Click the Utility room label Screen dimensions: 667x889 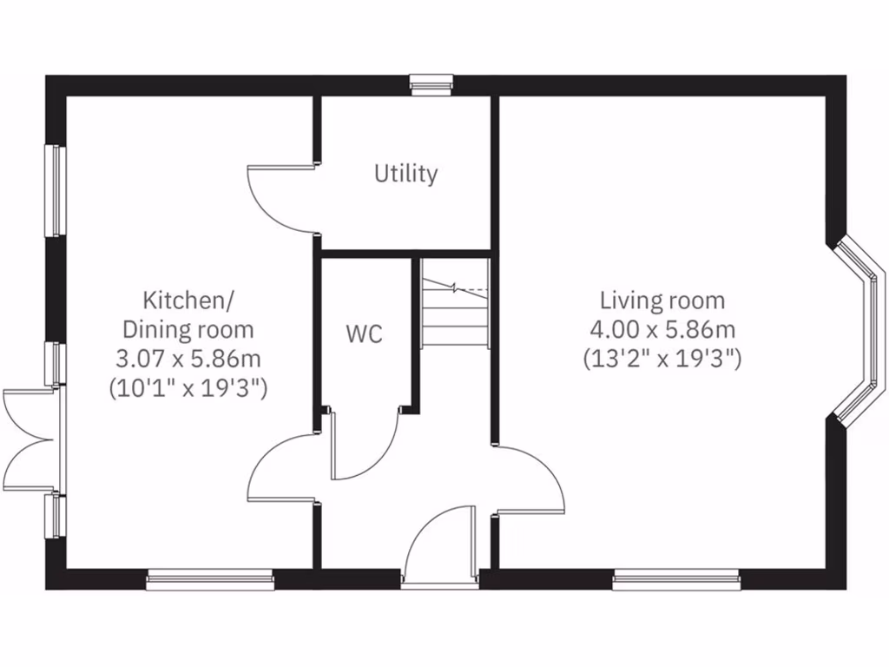click(405, 174)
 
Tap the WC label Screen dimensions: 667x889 click(364, 334)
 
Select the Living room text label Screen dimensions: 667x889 click(662, 301)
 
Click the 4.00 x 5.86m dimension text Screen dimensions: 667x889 click(662, 330)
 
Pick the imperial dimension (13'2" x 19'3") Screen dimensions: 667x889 click(662, 359)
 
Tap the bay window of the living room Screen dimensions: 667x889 click(863, 332)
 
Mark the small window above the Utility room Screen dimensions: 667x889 click(431, 84)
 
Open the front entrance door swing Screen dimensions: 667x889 click(441, 543)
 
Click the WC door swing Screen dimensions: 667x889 click(363, 447)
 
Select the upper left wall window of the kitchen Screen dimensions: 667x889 click(56, 190)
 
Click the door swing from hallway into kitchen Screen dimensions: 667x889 click(282, 469)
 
